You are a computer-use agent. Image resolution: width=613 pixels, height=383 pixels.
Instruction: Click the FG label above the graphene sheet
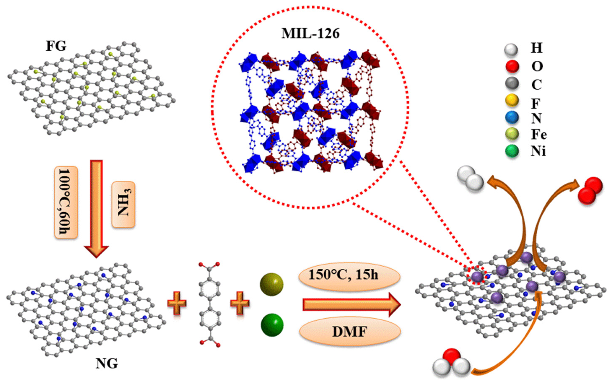pos(56,47)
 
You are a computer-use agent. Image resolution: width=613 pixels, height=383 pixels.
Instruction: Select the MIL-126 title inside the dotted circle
pos(311,34)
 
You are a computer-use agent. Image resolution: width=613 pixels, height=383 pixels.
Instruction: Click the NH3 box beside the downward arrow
pos(123,204)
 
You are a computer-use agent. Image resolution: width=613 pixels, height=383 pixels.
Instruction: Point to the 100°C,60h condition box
pos(66,202)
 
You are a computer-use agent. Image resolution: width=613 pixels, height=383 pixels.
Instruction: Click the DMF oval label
pos(350,332)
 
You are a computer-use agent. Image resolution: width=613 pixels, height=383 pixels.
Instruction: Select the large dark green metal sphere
pos(272,325)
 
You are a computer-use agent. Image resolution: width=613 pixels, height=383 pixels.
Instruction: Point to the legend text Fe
pos(539,135)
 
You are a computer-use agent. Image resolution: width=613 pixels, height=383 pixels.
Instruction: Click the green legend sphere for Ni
pos(512,152)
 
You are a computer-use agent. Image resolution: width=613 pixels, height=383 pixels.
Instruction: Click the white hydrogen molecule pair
pos(470,177)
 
